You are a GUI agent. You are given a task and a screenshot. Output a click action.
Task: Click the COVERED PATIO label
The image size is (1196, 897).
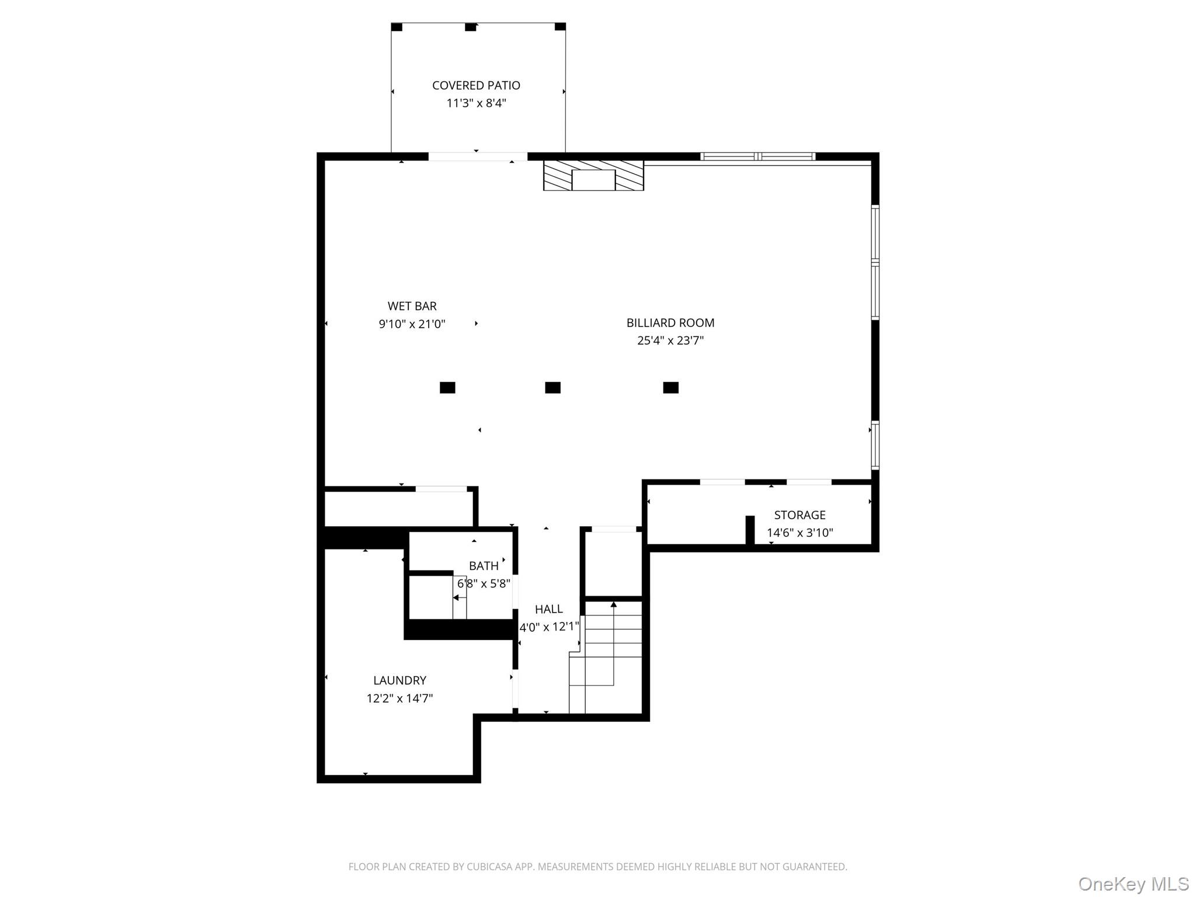[476, 85]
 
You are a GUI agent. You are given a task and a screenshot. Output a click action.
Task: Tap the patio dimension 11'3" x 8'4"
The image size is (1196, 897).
[476, 103]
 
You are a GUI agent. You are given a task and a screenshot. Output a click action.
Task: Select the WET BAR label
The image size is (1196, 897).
[412, 306]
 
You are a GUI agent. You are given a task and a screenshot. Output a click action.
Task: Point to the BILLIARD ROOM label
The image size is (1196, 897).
[670, 323]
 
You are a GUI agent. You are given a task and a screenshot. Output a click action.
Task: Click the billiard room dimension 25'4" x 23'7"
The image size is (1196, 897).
[670, 340]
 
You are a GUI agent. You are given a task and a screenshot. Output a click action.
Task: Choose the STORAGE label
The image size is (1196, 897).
[799, 515]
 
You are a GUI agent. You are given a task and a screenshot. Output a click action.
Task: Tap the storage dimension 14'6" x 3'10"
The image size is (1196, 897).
[799, 533]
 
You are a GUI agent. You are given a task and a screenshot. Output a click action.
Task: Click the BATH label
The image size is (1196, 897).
[484, 566]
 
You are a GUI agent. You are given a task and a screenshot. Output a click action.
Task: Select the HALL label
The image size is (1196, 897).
[549, 609]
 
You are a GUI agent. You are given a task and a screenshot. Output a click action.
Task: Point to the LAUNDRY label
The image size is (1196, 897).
[400, 680]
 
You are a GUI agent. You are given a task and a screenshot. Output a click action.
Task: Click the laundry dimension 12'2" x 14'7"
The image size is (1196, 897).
[400, 698]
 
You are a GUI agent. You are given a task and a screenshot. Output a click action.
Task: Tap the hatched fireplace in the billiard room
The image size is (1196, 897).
[593, 175]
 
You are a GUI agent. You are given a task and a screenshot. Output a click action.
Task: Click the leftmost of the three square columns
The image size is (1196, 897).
[447, 388]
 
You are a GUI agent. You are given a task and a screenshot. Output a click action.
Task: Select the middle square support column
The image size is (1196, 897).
[552, 388]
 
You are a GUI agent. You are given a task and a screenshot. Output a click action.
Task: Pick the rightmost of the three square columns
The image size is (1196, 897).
[670, 388]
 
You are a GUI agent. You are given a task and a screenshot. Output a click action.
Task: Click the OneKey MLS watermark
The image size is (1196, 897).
[1134, 884]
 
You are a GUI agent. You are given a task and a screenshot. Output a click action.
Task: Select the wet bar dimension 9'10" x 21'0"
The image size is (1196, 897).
[412, 324]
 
